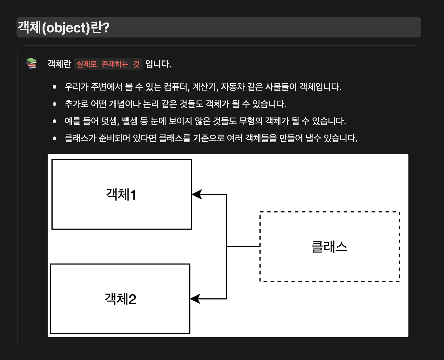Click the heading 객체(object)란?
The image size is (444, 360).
coord(63,28)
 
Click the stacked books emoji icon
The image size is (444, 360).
coord(31,63)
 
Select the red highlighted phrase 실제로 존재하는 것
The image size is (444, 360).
coord(108,64)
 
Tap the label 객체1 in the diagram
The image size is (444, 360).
coord(121,194)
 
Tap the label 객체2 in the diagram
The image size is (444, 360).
coord(120,299)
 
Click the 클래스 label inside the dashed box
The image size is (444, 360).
coord(329,247)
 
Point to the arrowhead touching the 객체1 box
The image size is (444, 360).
coord(197,194)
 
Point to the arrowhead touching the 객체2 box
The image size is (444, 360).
coord(195,299)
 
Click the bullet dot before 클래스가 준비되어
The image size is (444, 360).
coord(55,138)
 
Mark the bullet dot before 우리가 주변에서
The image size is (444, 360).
coord(55,87)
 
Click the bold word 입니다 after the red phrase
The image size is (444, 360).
coord(158,64)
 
